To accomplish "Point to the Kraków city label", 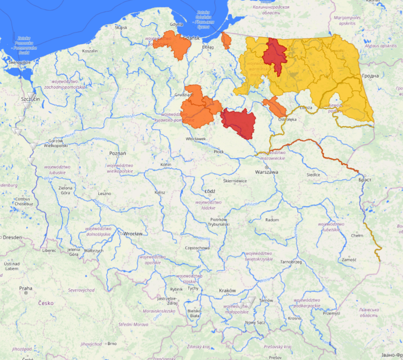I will point(227,291).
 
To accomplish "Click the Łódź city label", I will point(210,191).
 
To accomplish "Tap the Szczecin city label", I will point(30,99).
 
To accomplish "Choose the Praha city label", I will point(25,288).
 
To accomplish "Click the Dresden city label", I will point(13,237).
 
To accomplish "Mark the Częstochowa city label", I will point(197,248).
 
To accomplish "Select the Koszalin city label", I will point(90,51).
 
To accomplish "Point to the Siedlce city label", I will point(313,175).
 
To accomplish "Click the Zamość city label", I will point(349,259).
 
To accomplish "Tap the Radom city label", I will point(272,220).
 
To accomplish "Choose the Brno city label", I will point(112,343).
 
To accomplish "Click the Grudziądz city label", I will point(184,94).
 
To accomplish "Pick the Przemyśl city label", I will point(330,313).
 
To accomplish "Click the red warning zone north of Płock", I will point(238,123).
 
